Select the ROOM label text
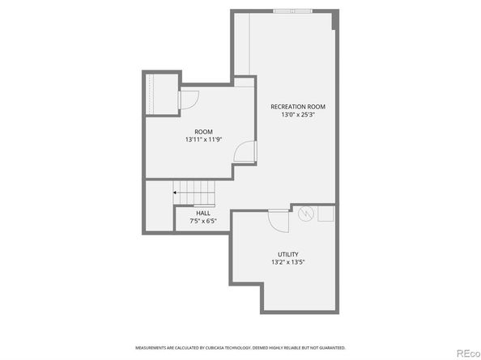tap(203, 132)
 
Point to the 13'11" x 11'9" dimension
tap(203, 140)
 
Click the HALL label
tap(202, 214)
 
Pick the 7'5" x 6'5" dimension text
tap(202, 221)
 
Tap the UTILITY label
tap(287, 254)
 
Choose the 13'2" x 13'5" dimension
tap(287, 262)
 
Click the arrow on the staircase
tap(176, 193)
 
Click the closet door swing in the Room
tap(187, 100)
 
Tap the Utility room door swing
tap(278, 220)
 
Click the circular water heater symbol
tap(306, 214)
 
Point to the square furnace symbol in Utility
tap(326, 214)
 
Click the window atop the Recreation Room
tap(293, 11)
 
